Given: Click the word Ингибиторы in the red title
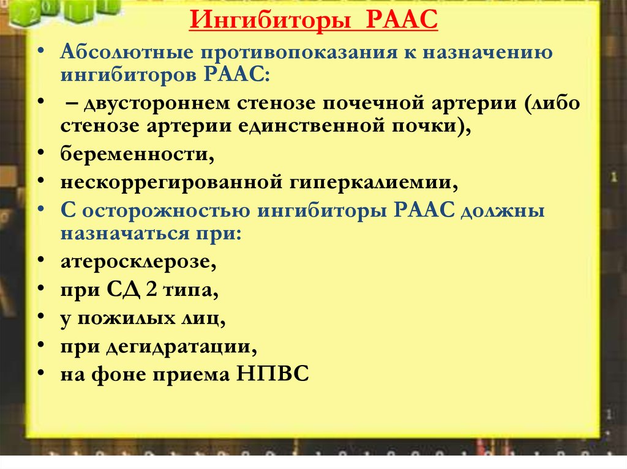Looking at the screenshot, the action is pos(270,20).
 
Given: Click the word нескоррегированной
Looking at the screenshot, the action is pos(170,183).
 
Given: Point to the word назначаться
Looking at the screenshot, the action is pos(124,234).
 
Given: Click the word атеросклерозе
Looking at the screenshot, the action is pos(138,262).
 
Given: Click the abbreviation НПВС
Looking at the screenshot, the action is pos(272,374).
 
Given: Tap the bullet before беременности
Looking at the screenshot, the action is pos(41,153).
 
